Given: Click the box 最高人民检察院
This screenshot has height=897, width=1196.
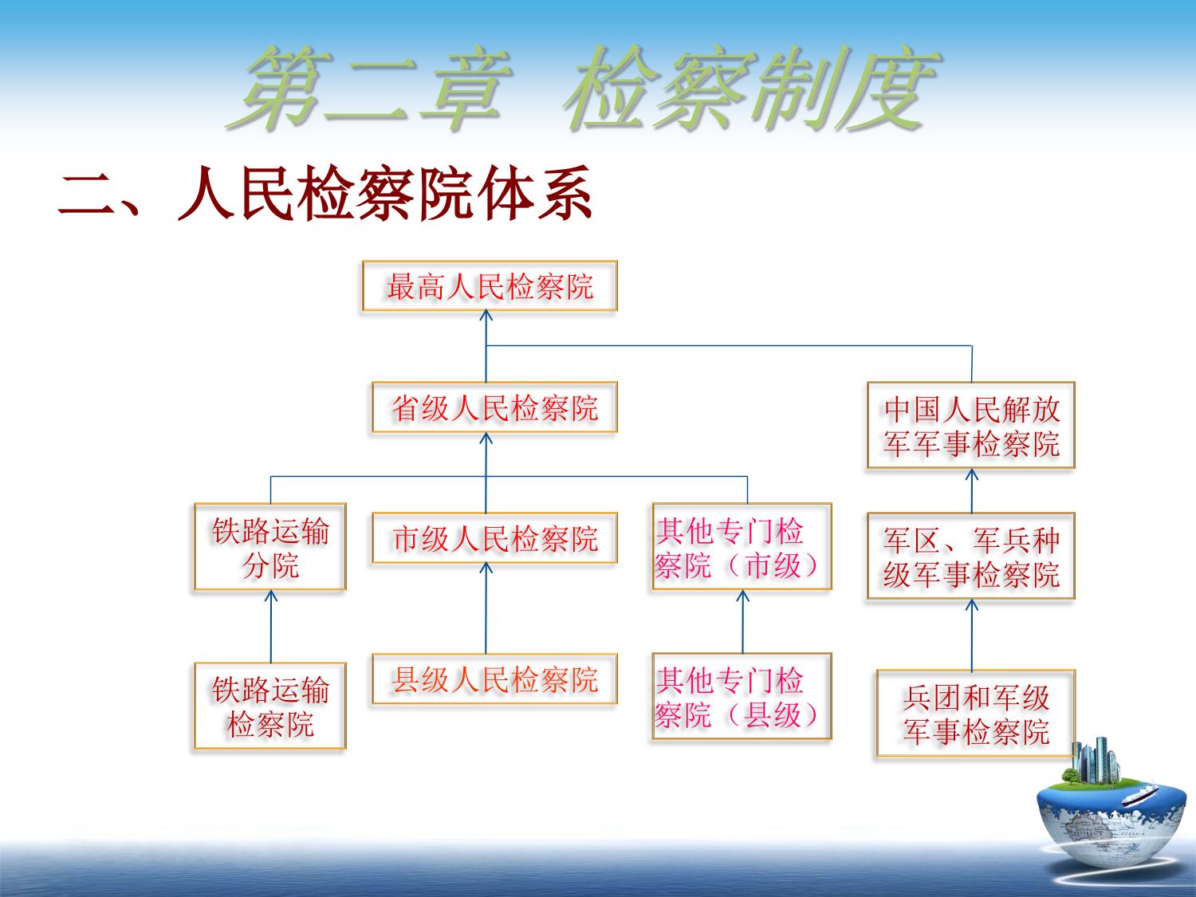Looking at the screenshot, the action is [490, 286].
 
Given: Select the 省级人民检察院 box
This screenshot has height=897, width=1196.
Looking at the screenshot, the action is [494, 407].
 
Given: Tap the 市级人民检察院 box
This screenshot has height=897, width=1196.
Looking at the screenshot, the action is [494, 538].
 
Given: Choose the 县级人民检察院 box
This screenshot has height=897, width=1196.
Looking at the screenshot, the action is [494, 679].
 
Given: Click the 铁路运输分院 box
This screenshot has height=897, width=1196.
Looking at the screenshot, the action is [270, 547].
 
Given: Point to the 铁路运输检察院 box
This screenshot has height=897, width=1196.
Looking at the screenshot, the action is [270, 706].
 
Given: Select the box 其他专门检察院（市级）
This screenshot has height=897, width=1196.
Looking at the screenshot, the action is [742, 546].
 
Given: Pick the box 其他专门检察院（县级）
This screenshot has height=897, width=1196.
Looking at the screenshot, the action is [742, 697].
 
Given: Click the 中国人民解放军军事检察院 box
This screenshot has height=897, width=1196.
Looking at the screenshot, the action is [971, 425].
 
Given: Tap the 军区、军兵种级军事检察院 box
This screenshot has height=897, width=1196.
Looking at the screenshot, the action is [971, 556].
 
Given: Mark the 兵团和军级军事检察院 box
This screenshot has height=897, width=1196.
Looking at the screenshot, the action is [975, 714].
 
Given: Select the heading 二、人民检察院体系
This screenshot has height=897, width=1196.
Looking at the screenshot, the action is [325, 193].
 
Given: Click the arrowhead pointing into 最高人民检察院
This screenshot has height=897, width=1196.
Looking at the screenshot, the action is [486, 315].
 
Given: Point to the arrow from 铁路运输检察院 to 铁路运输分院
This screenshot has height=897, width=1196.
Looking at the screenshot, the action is [271, 627].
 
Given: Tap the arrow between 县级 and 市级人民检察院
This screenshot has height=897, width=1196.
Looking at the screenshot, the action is [486, 608].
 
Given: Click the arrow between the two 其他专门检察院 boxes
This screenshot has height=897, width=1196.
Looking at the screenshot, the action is [742, 622].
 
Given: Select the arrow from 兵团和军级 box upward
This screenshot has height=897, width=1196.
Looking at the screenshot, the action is [971, 635].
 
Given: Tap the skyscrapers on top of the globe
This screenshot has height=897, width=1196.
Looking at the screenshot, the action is [1096, 761].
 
